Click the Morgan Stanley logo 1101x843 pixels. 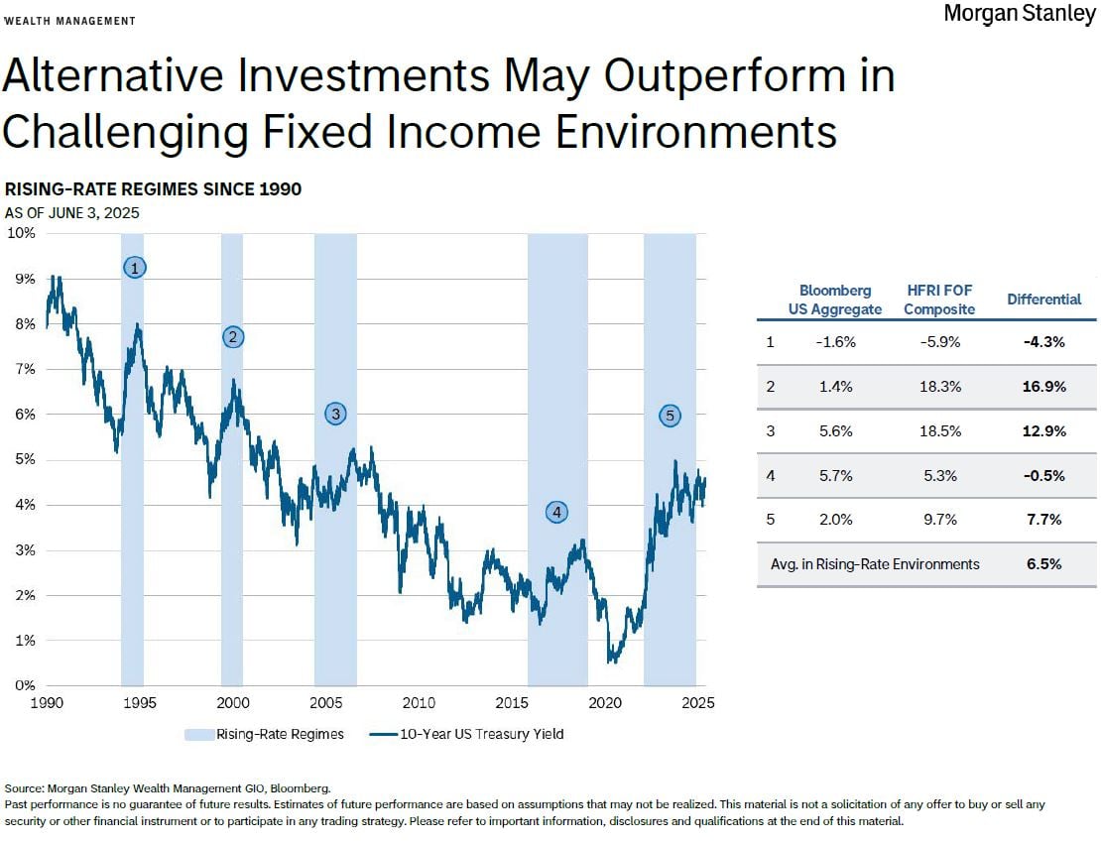click(x=1019, y=14)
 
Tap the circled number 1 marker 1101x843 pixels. click(x=135, y=267)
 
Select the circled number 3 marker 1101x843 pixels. click(x=335, y=414)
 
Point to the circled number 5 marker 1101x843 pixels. click(x=670, y=416)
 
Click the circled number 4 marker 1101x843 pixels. click(x=557, y=512)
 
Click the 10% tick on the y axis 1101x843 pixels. click(x=22, y=233)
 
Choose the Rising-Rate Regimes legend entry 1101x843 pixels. click(x=264, y=734)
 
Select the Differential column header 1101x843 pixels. click(x=1043, y=299)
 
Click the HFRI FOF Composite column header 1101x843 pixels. click(x=938, y=299)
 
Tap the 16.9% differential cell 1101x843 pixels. click(x=1043, y=387)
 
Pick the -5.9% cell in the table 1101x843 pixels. click(x=939, y=342)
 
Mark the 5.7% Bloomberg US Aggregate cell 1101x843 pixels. click(x=836, y=475)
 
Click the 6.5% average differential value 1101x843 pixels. click(x=1043, y=563)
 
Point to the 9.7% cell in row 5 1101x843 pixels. click(x=939, y=519)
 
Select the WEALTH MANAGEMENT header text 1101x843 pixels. click(x=70, y=21)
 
